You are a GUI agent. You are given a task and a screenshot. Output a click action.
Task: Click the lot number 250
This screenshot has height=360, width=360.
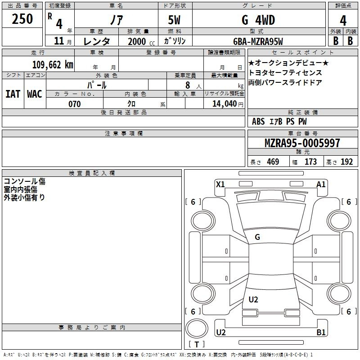click(x=22, y=19)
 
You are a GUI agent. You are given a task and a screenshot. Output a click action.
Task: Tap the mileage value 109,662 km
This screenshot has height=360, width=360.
click(x=53, y=64)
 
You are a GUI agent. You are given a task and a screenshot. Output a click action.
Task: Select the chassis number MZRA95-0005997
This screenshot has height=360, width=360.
click(x=302, y=143)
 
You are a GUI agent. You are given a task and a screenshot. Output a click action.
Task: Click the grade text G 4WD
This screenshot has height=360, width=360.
click(x=258, y=20)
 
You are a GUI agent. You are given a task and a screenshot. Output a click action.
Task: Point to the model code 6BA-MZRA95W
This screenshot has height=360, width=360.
click(x=258, y=41)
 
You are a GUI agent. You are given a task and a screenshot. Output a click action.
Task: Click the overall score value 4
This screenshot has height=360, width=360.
click(x=343, y=20)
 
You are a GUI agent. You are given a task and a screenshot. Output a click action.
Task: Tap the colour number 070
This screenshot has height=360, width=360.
click(x=74, y=104)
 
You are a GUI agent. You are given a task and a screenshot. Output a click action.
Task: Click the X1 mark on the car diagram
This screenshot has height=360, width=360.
click(x=220, y=184)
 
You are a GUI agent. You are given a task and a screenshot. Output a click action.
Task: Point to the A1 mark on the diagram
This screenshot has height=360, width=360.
click(x=321, y=184)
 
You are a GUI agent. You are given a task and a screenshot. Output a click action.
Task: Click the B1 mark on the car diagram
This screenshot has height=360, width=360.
click(x=321, y=333)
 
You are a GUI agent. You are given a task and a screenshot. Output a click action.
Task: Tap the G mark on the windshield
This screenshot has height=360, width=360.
click(x=257, y=237)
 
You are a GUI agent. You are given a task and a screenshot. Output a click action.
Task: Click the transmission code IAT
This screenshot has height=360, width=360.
click(x=13, y=94)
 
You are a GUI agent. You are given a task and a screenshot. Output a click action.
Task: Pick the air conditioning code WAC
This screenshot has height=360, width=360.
click(x=34, y=94)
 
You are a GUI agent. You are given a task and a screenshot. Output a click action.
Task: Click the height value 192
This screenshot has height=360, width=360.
click(x=346, y=162)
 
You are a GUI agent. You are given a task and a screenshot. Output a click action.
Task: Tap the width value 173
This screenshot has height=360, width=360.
click(x=310, y=162)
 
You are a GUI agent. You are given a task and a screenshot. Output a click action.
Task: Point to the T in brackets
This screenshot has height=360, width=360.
click(x=197, y=345)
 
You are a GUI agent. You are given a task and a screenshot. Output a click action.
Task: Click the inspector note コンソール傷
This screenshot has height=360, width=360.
click(x=24, y=182)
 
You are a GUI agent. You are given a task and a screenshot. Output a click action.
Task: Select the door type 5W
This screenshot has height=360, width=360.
click(x=175, y=20)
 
